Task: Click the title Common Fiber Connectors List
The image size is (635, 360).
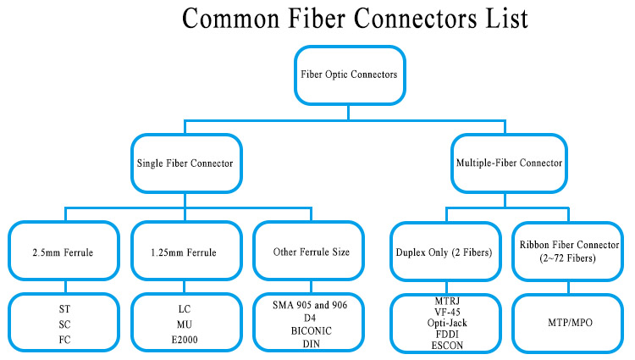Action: pyautogui.click(x=355, y=19)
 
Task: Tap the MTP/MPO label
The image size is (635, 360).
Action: pyautogui.click(x=570, y=323)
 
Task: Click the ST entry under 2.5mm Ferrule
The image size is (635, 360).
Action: pyautogui.click(x=64, y=309)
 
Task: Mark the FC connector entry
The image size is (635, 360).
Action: pyautogui.click(x=64, y=340)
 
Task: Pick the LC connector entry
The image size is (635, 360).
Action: pyautogui.click(x=185, y=309)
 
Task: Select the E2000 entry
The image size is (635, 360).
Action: pyautogui.click(x=185, y=340)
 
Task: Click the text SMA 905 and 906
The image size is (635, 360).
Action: pyautogui.click(x=310, y=305)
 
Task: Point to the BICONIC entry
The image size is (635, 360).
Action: pyautogui.click(x=311, y=331)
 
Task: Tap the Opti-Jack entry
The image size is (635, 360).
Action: pyautogui.click(x=447, y=323)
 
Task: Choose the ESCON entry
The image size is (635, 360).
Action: pyautogui.click(x=447, y=346)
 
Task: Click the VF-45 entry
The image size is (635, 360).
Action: pyautogui.click(x=447, y=313)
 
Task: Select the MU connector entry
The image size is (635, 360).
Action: pyautogui.click(x=185, y=324)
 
